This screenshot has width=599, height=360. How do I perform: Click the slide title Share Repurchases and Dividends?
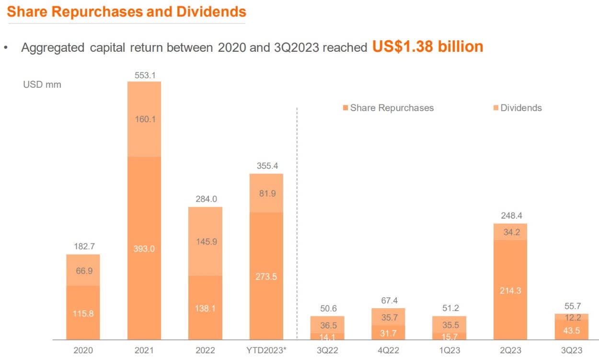[x=127, y=12]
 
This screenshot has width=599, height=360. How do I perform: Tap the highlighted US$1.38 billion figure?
[x=427, y=46]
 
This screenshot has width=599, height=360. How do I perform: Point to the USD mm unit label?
[x=42, y=85]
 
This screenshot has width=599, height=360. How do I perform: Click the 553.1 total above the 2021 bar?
[x=144, y=75]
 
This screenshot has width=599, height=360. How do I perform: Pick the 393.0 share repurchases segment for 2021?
[x=144, y=248]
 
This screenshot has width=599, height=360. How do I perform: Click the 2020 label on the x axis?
[x=83, y=350]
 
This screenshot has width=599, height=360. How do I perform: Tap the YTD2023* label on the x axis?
[x=266, y=350]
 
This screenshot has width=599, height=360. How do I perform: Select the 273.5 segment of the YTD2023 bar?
[x=266, y=277]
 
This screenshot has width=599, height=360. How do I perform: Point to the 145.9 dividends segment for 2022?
[x=206, y=242]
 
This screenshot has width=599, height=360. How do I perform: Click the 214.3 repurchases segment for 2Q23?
[x=510, y=290]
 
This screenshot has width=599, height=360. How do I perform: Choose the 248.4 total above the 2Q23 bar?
[x=510, y=216]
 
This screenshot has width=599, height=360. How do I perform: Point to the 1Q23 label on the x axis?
[x=449, y=350]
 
